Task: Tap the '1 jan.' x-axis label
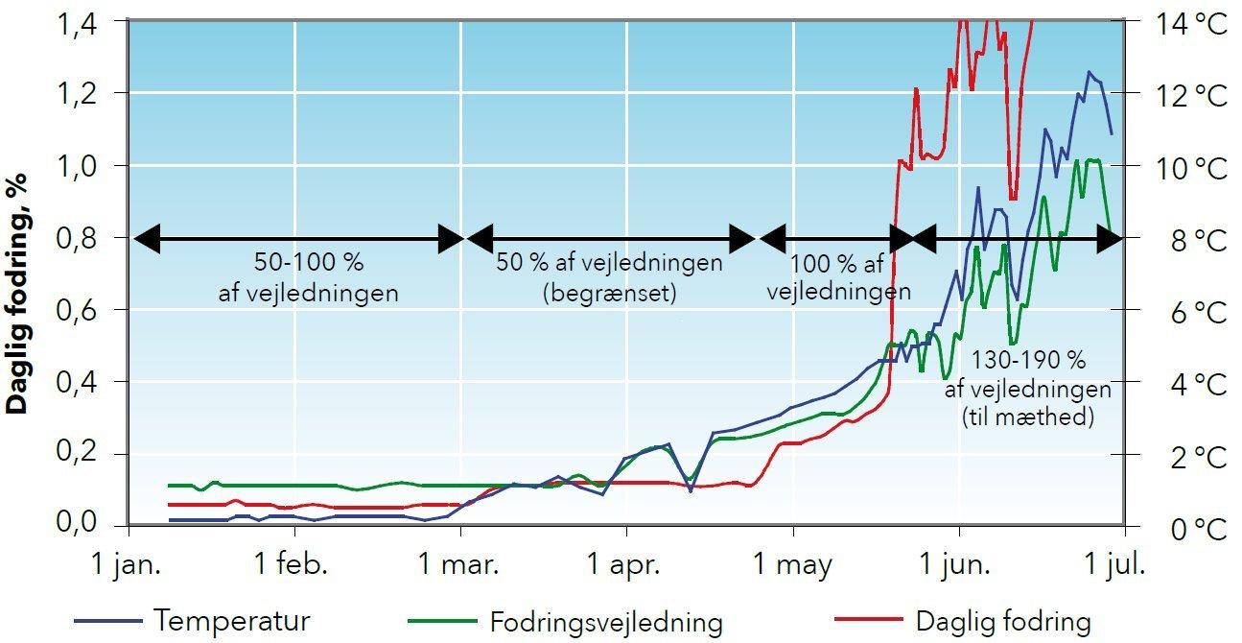pos(128,563)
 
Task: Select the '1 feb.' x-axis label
pos(293,563)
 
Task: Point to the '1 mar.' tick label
pos(462,563)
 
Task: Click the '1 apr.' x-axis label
pos(626,563)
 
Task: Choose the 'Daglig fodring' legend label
pos(1003,621)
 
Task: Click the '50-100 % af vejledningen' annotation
pos(308,277)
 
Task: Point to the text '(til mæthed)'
pos(1028,418)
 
